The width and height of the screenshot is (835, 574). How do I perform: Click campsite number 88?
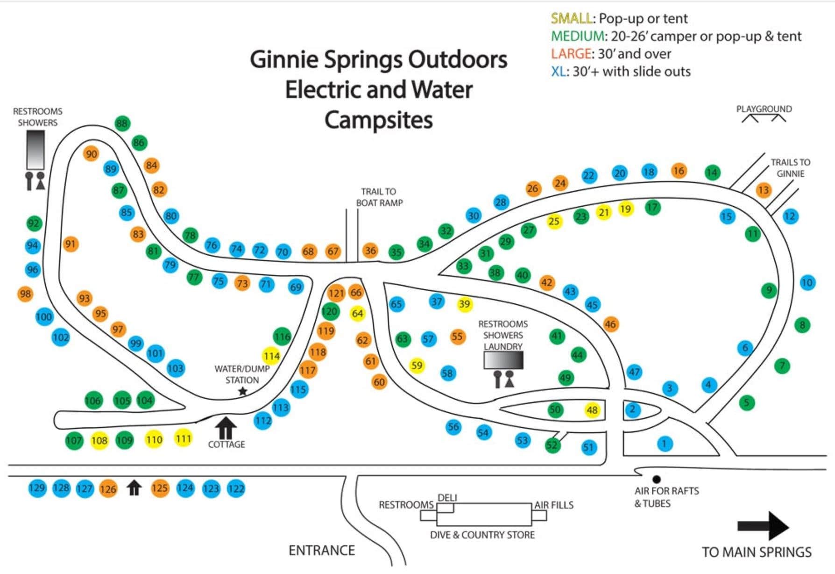coord(122,123)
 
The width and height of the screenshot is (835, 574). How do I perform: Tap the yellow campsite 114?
coord(271,356)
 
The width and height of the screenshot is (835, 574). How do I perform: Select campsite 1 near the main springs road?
coord(665,443)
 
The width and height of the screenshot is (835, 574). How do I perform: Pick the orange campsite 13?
coord(763,190)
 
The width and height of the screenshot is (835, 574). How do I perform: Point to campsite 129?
coord(37,488)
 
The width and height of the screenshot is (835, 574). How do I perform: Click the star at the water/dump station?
coord(242,391)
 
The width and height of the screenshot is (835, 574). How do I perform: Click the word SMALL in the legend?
coord(571,19)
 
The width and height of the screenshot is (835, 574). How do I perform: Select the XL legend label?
coord(558,72)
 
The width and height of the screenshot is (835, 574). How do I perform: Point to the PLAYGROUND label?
coord(764,109)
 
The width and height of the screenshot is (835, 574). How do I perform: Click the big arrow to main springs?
coord(763,526)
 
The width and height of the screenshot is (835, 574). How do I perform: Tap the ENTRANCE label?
coord(321,550)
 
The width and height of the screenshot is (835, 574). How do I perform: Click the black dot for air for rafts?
coord(656,479)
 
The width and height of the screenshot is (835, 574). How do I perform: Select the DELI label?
coord(447,498)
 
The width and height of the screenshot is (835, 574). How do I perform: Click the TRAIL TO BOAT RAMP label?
coord(379,197)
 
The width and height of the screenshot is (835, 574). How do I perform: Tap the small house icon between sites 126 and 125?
coord(134,488)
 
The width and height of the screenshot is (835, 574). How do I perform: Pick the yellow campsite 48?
coord(592,410)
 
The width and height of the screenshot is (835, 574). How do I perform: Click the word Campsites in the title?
coord(378,120)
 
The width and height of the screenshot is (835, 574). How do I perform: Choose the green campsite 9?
coord(769,290)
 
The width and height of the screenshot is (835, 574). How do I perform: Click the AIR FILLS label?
coord(553,505)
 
